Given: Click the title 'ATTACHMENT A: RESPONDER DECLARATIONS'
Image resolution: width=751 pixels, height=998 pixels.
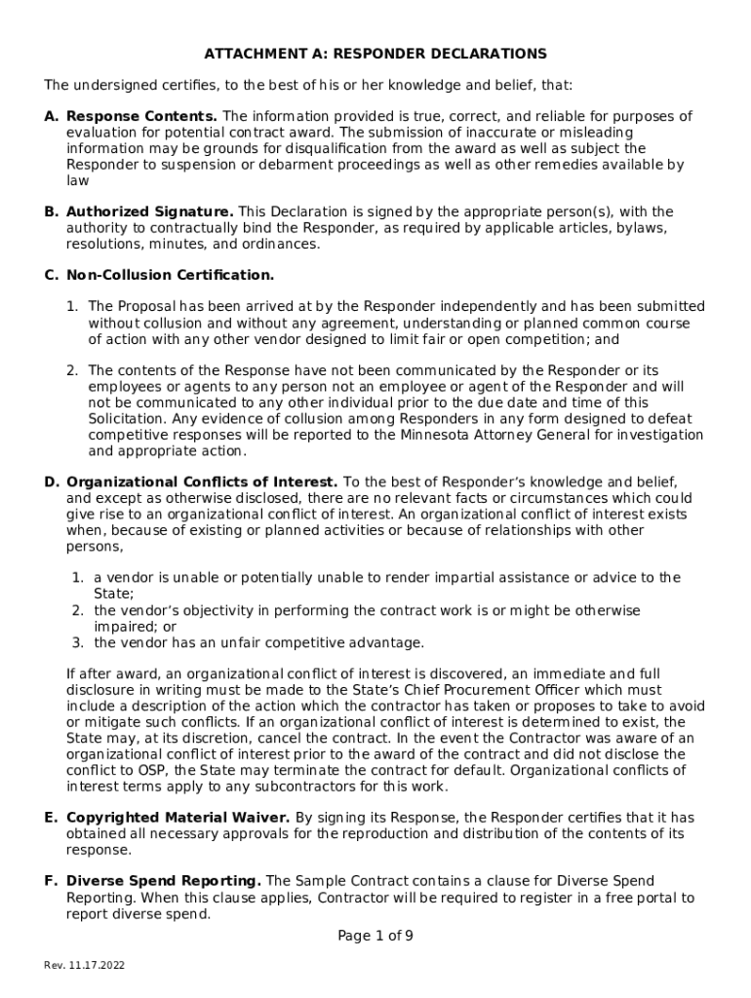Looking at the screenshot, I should [375, 54].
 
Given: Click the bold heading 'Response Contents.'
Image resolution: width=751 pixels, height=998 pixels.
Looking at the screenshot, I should [142, 116].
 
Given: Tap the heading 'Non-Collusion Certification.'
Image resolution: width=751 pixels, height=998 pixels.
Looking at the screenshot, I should [170, 275].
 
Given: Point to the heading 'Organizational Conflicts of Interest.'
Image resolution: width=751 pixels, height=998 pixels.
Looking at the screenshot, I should [202, 481].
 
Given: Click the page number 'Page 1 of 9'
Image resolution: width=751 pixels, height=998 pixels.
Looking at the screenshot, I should [375, 936].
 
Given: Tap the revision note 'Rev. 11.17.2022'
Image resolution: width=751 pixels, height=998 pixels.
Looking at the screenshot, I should [84, 965].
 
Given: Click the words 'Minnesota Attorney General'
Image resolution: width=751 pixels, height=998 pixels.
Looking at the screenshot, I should [485, 435].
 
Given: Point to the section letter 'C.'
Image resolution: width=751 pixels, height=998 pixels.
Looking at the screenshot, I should [51, 275].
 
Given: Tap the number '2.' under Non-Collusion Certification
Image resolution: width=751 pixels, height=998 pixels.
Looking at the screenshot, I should [72, 370].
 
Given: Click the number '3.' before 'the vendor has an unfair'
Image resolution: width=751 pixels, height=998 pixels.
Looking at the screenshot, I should [77, 642].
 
